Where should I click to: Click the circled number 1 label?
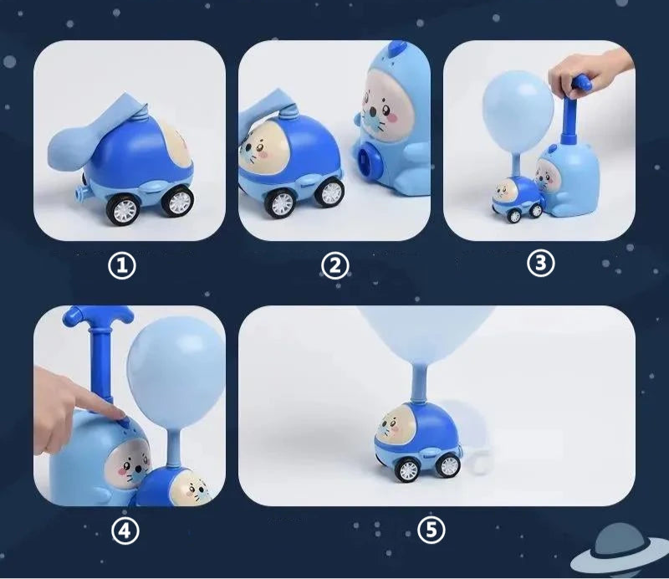pyautogui.click(x=122, y=266)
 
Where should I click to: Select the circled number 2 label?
pyautogui.click(x=335, y=266)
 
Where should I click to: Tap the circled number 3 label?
pyautogui.click(x=540, y=263)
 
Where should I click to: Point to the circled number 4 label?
pyautogui.click(x=125, y=531)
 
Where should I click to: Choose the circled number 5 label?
pyautogui.click(x=431, y=530)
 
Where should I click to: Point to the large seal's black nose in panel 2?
pyautogui.click(x=371, y=112)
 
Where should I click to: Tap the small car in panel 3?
pyautogui.click(x=516, y=199)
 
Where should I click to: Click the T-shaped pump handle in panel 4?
pyautogui.click(x=99, y=337)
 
